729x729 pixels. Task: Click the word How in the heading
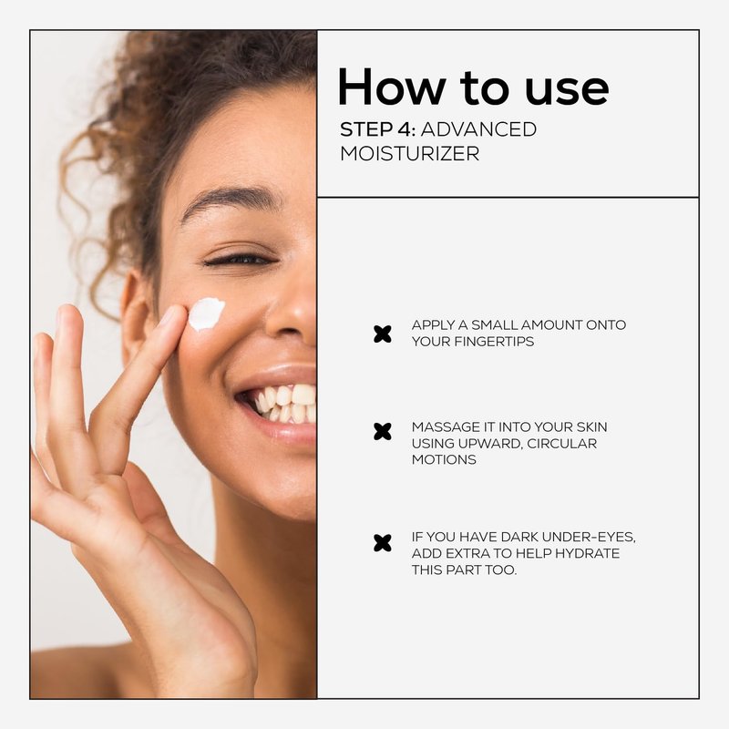[x=391, y=87]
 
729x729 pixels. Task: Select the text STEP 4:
[x=377, y=129]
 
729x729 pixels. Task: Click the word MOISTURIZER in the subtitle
[x=409, y=153]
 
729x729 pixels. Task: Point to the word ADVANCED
[x=478, y=129]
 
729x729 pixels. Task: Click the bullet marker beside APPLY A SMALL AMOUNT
[x=382, y=334]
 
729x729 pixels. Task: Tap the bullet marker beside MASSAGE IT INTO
[x=382, y=431]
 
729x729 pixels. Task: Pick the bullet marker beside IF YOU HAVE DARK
[x=382, y=543]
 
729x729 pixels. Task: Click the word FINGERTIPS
[x=494, y=341]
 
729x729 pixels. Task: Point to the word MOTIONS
[x=444, y=460]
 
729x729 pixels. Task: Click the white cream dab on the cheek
[x=206, y=313]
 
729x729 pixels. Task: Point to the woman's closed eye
[x=241, y=260]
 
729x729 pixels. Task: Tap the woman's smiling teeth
[x=284, y=403]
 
